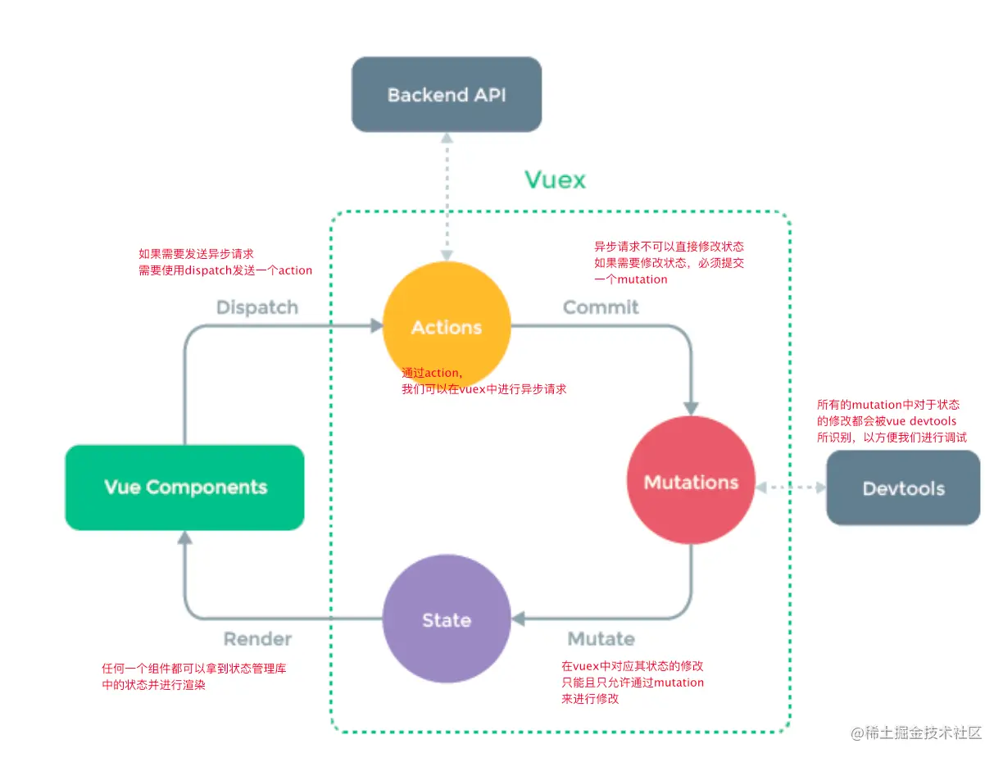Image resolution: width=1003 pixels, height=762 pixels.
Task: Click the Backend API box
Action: [447, 94]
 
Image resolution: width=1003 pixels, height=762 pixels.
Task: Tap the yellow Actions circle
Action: [447, 326]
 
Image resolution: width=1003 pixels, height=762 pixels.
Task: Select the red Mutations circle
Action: [691, 482]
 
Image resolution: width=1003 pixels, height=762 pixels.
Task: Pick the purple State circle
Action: [447, 619]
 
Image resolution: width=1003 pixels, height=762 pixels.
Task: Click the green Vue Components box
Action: [185, 488]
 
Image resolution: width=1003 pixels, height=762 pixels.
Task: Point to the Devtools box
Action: [903, 488]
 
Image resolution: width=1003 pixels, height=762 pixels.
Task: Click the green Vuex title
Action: [555, 179]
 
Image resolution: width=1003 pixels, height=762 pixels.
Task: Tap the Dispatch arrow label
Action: [257, 307]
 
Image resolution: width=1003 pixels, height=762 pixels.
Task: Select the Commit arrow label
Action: [600, 307]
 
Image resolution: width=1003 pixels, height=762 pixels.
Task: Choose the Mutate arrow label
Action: [601, 638]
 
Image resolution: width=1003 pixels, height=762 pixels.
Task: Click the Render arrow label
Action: [257, 638]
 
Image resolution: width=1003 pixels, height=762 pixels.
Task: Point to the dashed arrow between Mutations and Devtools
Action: [791, 488]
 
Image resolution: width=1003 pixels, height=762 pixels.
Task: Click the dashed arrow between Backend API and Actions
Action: [447, 197]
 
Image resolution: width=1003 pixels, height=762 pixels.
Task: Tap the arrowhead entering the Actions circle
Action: [376, 326]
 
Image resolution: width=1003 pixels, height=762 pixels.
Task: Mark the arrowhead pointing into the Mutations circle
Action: [691, 407]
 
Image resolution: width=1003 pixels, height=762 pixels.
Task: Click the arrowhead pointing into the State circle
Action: [518, 619]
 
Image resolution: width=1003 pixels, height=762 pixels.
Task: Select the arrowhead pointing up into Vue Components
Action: [185, 537]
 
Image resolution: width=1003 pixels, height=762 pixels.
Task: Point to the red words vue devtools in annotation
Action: [921, 421]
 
